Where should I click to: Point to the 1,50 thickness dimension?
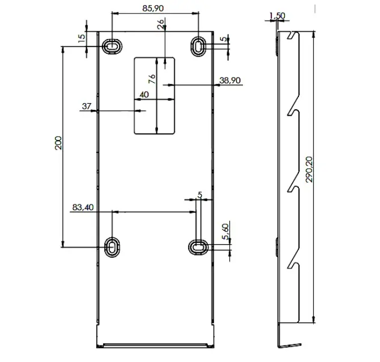(x=277, y=15)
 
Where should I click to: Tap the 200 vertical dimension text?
(x=57, y=143)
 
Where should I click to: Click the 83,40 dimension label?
(x=83, y=207)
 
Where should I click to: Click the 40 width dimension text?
(x=144, y=95)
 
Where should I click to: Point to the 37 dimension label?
(x=87, y=106)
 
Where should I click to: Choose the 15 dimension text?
(x=81, y=38)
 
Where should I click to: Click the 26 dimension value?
(x=160, y=24)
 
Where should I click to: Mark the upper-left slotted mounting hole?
(x=112, y=45)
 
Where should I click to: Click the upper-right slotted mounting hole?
(x=198, y=46)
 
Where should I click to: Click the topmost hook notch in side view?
(x=292, y=37)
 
